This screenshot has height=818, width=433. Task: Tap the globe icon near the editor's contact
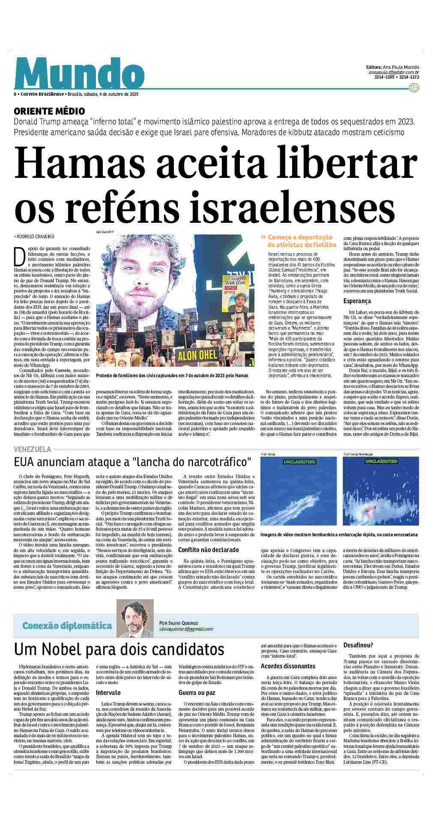click(x=413, y=88)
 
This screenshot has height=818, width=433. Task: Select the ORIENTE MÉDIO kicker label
click(x=49, y=111)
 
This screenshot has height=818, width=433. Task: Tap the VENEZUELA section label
click(x=33, y=449)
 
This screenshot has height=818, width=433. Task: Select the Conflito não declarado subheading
click(x=209, y=549)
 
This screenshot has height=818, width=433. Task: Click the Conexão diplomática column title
click(x=67, y=626)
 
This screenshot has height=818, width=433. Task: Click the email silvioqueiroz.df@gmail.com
click(x=185, y=629)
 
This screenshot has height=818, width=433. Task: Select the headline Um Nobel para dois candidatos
click(x=119, y=649)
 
